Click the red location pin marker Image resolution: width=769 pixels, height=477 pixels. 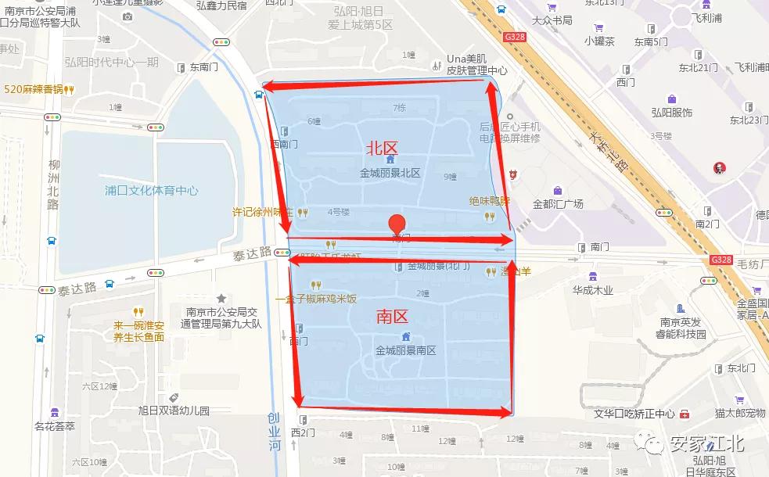pos(398,224)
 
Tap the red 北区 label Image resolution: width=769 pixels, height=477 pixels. pos(382,148)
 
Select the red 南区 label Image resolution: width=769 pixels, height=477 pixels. pos(392,316)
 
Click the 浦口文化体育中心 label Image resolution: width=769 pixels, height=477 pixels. pos(152,191)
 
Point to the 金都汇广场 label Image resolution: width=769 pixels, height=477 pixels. pos(558,204)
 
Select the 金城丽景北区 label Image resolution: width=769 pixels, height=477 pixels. pos(390,173)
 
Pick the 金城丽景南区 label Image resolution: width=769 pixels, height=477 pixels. pos(405,350)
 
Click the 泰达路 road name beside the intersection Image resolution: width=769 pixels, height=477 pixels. pos(252,253)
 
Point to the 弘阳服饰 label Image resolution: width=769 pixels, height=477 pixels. pos(671,113)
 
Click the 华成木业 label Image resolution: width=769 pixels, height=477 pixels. pos(592,290)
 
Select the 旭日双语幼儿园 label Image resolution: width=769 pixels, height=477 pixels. pos(174,410)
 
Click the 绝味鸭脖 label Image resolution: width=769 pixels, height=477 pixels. pos(489,200)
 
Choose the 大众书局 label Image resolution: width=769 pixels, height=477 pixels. pos(552,20)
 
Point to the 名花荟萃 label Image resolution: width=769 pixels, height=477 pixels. pos(55,426)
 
